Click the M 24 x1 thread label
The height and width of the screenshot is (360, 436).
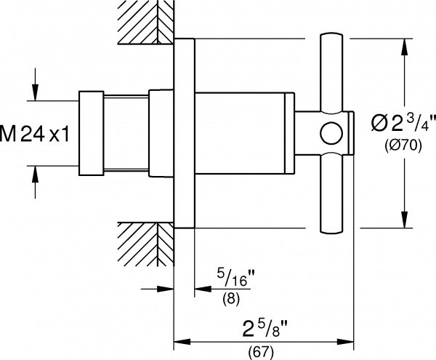pos(34,134)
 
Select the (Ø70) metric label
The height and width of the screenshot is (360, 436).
pos(403,145)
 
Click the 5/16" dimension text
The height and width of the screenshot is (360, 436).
pos(232,277)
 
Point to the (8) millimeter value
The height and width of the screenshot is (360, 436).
pos(231,299)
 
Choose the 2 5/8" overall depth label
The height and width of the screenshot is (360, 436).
pos(265,328)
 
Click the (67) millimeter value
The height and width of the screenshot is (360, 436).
pos(261,352)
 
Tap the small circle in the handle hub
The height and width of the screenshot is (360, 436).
pos(331,133)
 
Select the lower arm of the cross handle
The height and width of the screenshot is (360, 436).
pos(331,193)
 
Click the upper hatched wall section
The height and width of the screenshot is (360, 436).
pos(146,22)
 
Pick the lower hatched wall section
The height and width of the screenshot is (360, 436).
pos(146,244)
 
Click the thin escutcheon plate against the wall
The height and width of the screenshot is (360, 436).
pos(184,133)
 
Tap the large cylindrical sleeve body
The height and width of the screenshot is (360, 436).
pos(244,133)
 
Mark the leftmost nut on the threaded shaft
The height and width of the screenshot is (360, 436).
pos(92,133)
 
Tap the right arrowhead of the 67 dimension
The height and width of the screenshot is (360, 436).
pos(345,341)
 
